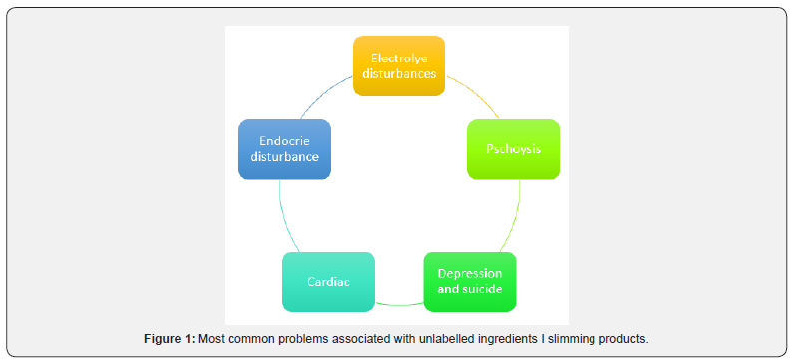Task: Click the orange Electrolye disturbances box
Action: [399, 66]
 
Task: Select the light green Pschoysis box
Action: [513, 149]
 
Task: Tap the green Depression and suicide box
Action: [470, 282]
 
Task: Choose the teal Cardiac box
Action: [328, 282]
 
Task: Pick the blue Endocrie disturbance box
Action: [284, 149]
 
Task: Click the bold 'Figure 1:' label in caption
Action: [170, 339]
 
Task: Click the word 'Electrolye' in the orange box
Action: [399, 58]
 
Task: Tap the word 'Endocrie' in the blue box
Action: [284, 141]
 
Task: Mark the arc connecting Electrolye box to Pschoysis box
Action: [468, 90]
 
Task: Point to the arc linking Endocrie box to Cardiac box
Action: [282, 214]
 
